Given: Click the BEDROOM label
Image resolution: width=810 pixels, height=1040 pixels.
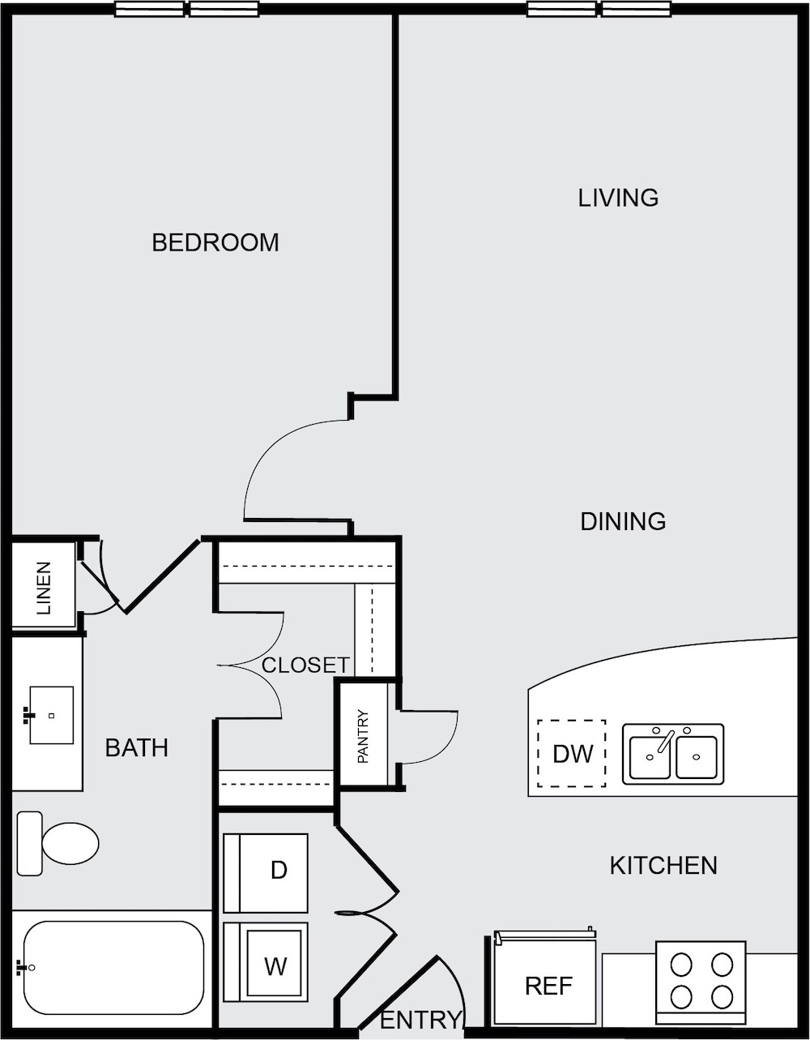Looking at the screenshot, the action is tap(215, 242).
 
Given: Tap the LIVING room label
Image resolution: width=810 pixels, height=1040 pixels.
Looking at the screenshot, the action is tap(618, 198).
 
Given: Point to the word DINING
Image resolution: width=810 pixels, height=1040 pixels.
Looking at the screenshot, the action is tap(623, 522).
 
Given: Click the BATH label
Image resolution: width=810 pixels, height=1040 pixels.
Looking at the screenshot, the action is tap(136, 747).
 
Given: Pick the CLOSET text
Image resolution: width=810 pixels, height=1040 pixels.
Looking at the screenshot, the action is tap(305, 665).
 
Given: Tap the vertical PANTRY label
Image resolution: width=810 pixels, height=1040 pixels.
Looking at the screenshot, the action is tap(364, 736).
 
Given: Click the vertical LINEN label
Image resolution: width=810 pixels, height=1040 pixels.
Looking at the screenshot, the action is tap(44, 588).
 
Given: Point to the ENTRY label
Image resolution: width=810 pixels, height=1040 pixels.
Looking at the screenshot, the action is tap(420, 1020).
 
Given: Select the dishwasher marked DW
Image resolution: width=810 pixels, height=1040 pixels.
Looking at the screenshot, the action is tap(571, 754).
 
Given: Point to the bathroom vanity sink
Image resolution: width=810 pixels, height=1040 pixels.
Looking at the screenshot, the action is tap(51, 715).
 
